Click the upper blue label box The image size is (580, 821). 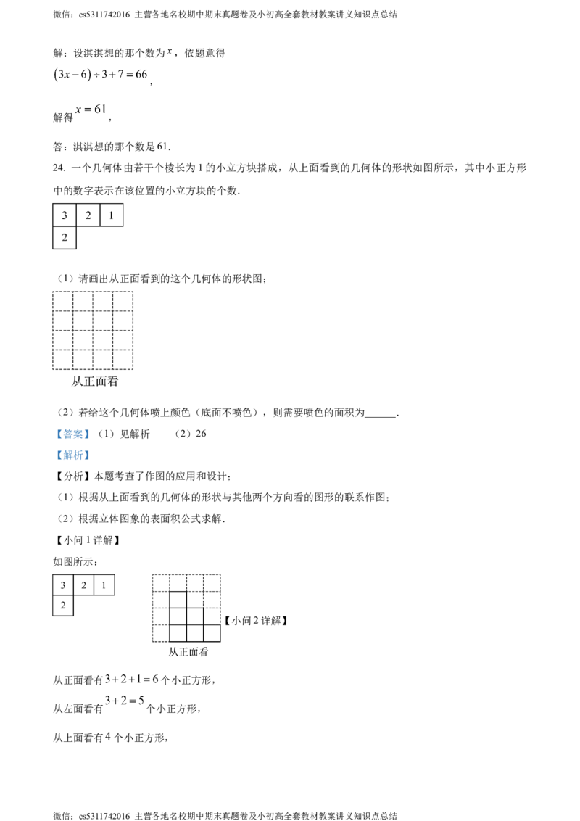(x=72, y=435)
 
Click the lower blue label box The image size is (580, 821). (x=72, y=455)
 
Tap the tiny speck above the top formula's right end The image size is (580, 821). (x=170, y=54)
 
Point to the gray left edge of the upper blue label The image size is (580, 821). (x=54, y=435)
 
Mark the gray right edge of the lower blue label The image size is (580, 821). (x=91, y=455)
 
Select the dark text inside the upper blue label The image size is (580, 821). (x=73, y=435)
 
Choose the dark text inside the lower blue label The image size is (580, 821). (x=73, y=456)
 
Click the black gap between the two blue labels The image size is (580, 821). (x=72, y=445)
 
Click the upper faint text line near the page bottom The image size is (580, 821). (x=130, y=680)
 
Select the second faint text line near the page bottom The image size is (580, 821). (x=123, y=694)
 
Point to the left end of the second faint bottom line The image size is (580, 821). (x=107, y=694)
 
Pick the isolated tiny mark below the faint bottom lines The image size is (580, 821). (x=107, y=739)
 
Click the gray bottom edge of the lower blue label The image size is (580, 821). (x=72, y=463)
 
